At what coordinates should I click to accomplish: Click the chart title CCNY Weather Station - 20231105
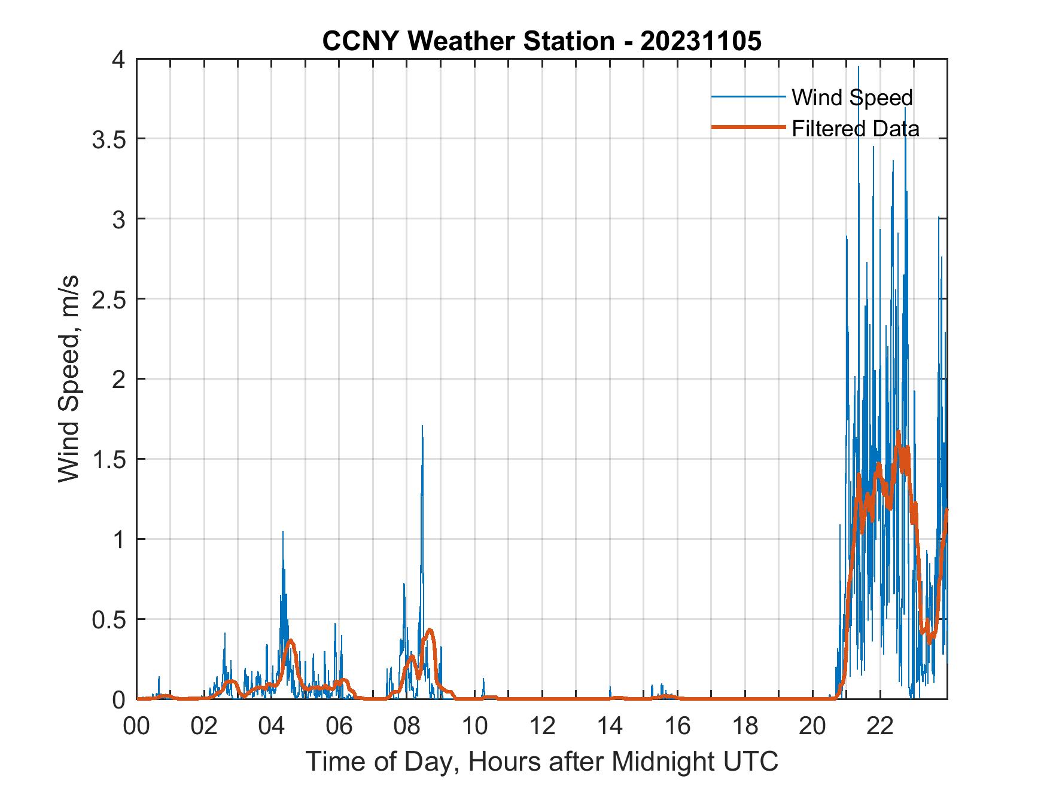(541, 41)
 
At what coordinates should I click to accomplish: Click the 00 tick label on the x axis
(136, 726)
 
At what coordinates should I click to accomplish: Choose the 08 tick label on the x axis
(407, 726)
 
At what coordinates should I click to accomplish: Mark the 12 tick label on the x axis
(543, 726)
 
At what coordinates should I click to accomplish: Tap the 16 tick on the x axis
(678, 726)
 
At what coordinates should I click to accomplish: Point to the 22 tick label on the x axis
(880, 726)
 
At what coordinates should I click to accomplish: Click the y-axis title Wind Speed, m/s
(69, 378)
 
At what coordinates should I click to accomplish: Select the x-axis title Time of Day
(541, 761)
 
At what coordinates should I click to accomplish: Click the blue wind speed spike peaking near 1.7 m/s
(422, 427)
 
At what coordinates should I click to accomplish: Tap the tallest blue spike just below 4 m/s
(859, 68)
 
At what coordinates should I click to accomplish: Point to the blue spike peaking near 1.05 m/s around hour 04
(283, 532)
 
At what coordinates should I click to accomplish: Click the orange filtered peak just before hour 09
(430, 630)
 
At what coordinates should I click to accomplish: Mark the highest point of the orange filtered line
(898, 432)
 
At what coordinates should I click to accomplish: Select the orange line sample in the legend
(748, 127)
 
